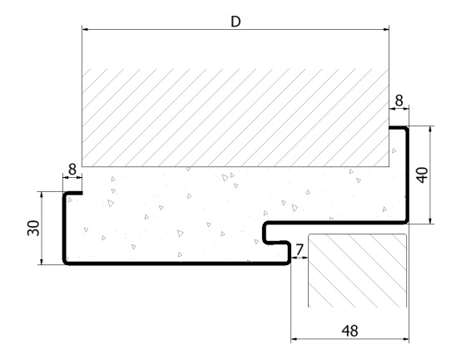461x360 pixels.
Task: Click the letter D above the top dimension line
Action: tap(235, 22)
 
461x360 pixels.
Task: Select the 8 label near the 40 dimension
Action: tap(399, 101)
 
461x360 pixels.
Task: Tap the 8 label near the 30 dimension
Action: tap(72, 170)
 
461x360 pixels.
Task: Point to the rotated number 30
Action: tap(33, 228)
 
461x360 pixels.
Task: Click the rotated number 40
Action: tap(423, 175)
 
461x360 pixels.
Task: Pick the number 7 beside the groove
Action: tap(300, 250)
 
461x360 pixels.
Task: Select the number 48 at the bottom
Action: tap(349, 331)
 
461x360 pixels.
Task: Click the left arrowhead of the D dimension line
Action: tap(85, 30)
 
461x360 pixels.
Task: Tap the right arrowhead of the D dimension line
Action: tap(386, 30)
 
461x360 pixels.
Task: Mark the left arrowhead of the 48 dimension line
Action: tap(295, 339)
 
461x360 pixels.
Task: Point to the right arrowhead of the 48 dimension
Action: tap(405, 339)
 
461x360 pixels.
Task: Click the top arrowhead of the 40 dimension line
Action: tap(431, 130)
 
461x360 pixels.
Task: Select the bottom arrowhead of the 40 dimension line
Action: tap(431, 220)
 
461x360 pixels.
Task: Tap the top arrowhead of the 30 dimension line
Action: tap(42, 195)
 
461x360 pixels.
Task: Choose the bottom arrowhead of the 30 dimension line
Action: tap(42, 261)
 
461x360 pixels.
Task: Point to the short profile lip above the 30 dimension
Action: tap(73, 193)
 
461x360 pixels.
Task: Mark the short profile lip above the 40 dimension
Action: tap(398, 128)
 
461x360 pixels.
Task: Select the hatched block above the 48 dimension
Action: tap(358, 270)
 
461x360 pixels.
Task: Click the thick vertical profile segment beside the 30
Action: tap(64, 228)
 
